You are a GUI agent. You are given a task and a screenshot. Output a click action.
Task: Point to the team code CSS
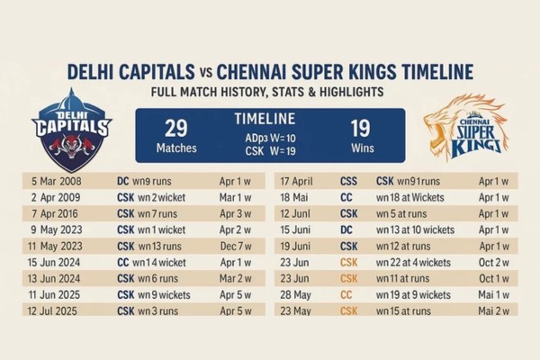pyautogui.click(x=348, y=180)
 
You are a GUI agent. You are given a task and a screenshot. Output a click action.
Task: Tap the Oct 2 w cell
pyautogui.click(x=494, y=261)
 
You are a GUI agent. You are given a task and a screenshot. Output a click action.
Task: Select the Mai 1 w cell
pyautogui.click(x=494, y=293)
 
